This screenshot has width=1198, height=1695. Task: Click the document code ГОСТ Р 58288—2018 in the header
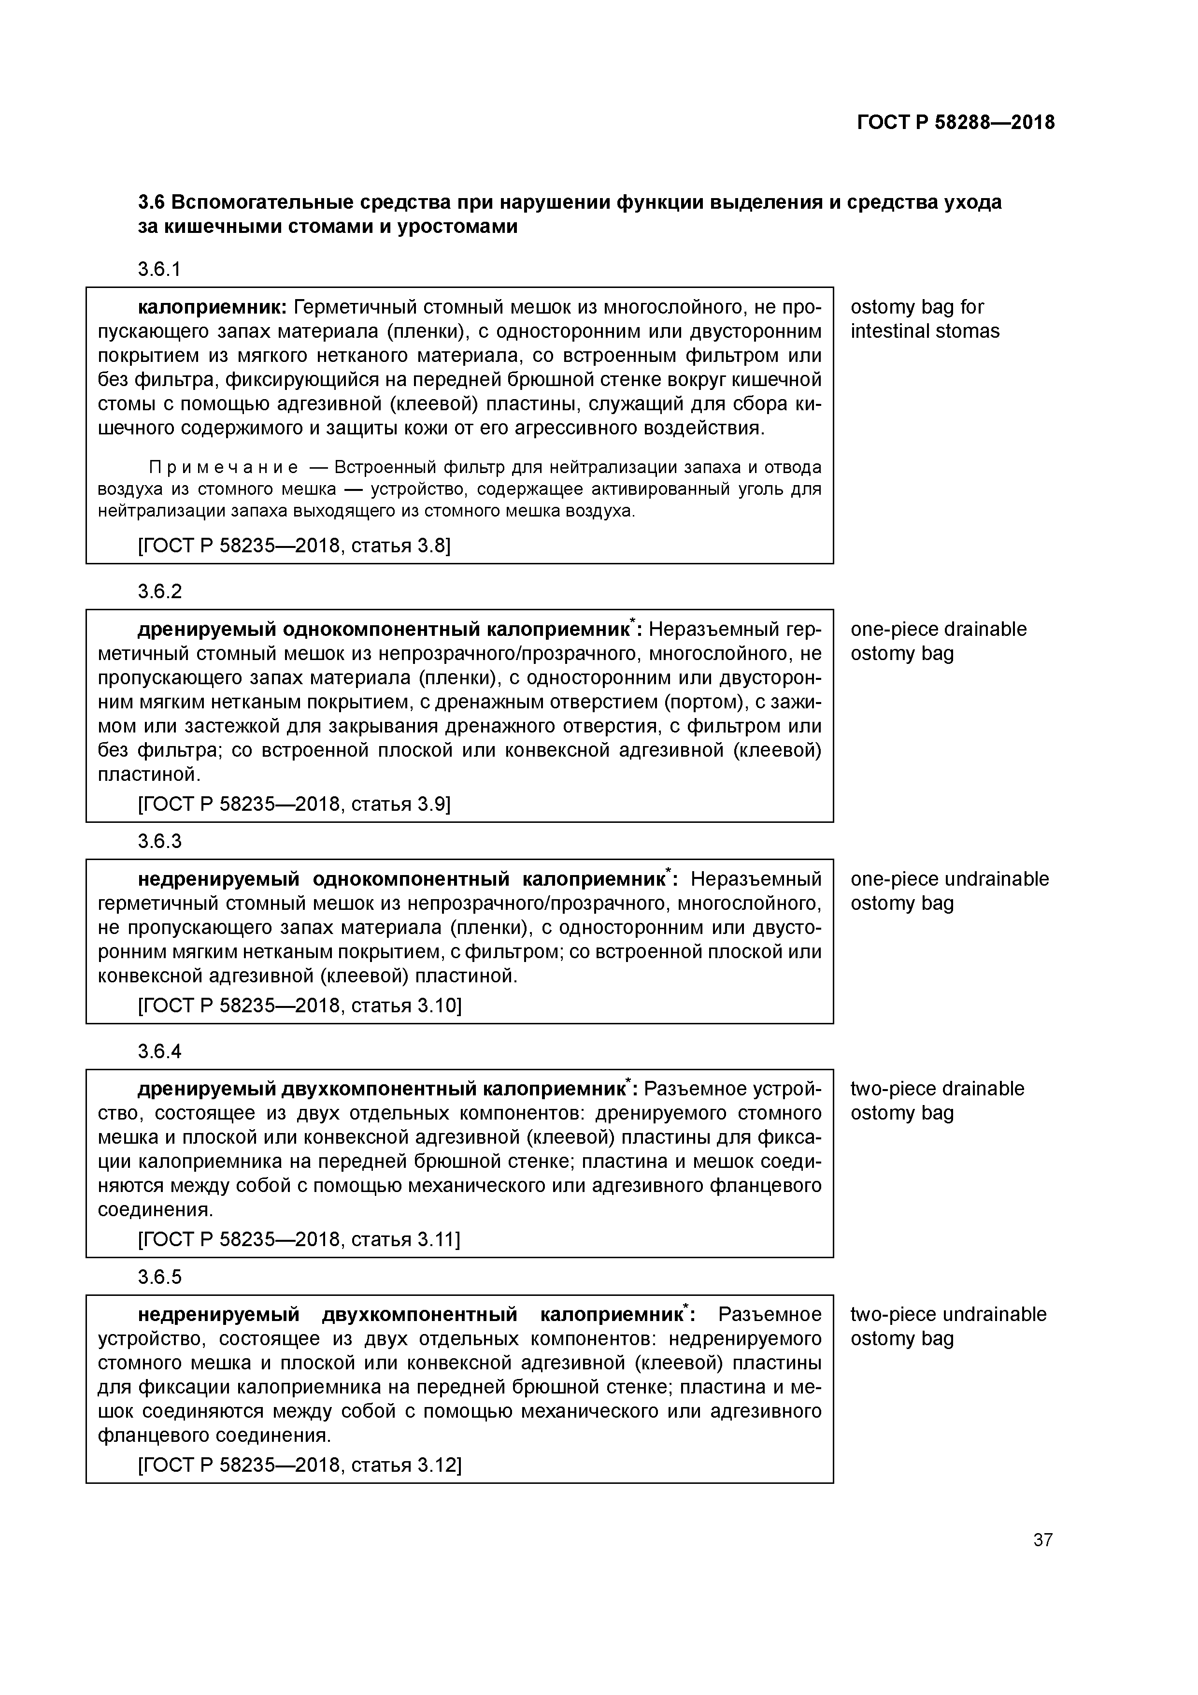(x=956, y=123)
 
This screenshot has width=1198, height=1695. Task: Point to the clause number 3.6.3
(x=159, y=841)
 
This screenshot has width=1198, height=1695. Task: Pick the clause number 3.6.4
(x=159, y=1050)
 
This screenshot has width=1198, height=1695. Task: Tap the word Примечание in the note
(x=224, y=467)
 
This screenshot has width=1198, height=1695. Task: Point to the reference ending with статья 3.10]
(x=299, y=1006)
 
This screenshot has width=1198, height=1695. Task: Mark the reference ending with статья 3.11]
(x=299, y=1239)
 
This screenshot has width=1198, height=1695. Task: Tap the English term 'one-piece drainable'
(x=938, y=629)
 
